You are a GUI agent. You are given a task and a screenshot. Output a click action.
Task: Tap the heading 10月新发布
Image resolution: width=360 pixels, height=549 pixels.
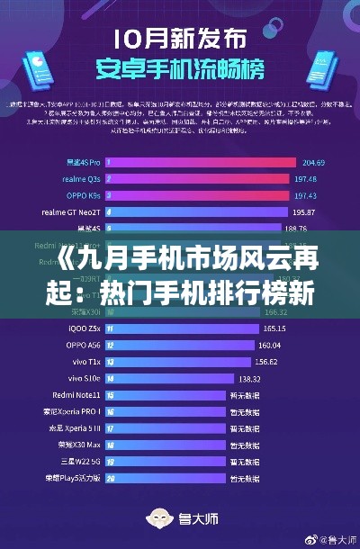[179, 40]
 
